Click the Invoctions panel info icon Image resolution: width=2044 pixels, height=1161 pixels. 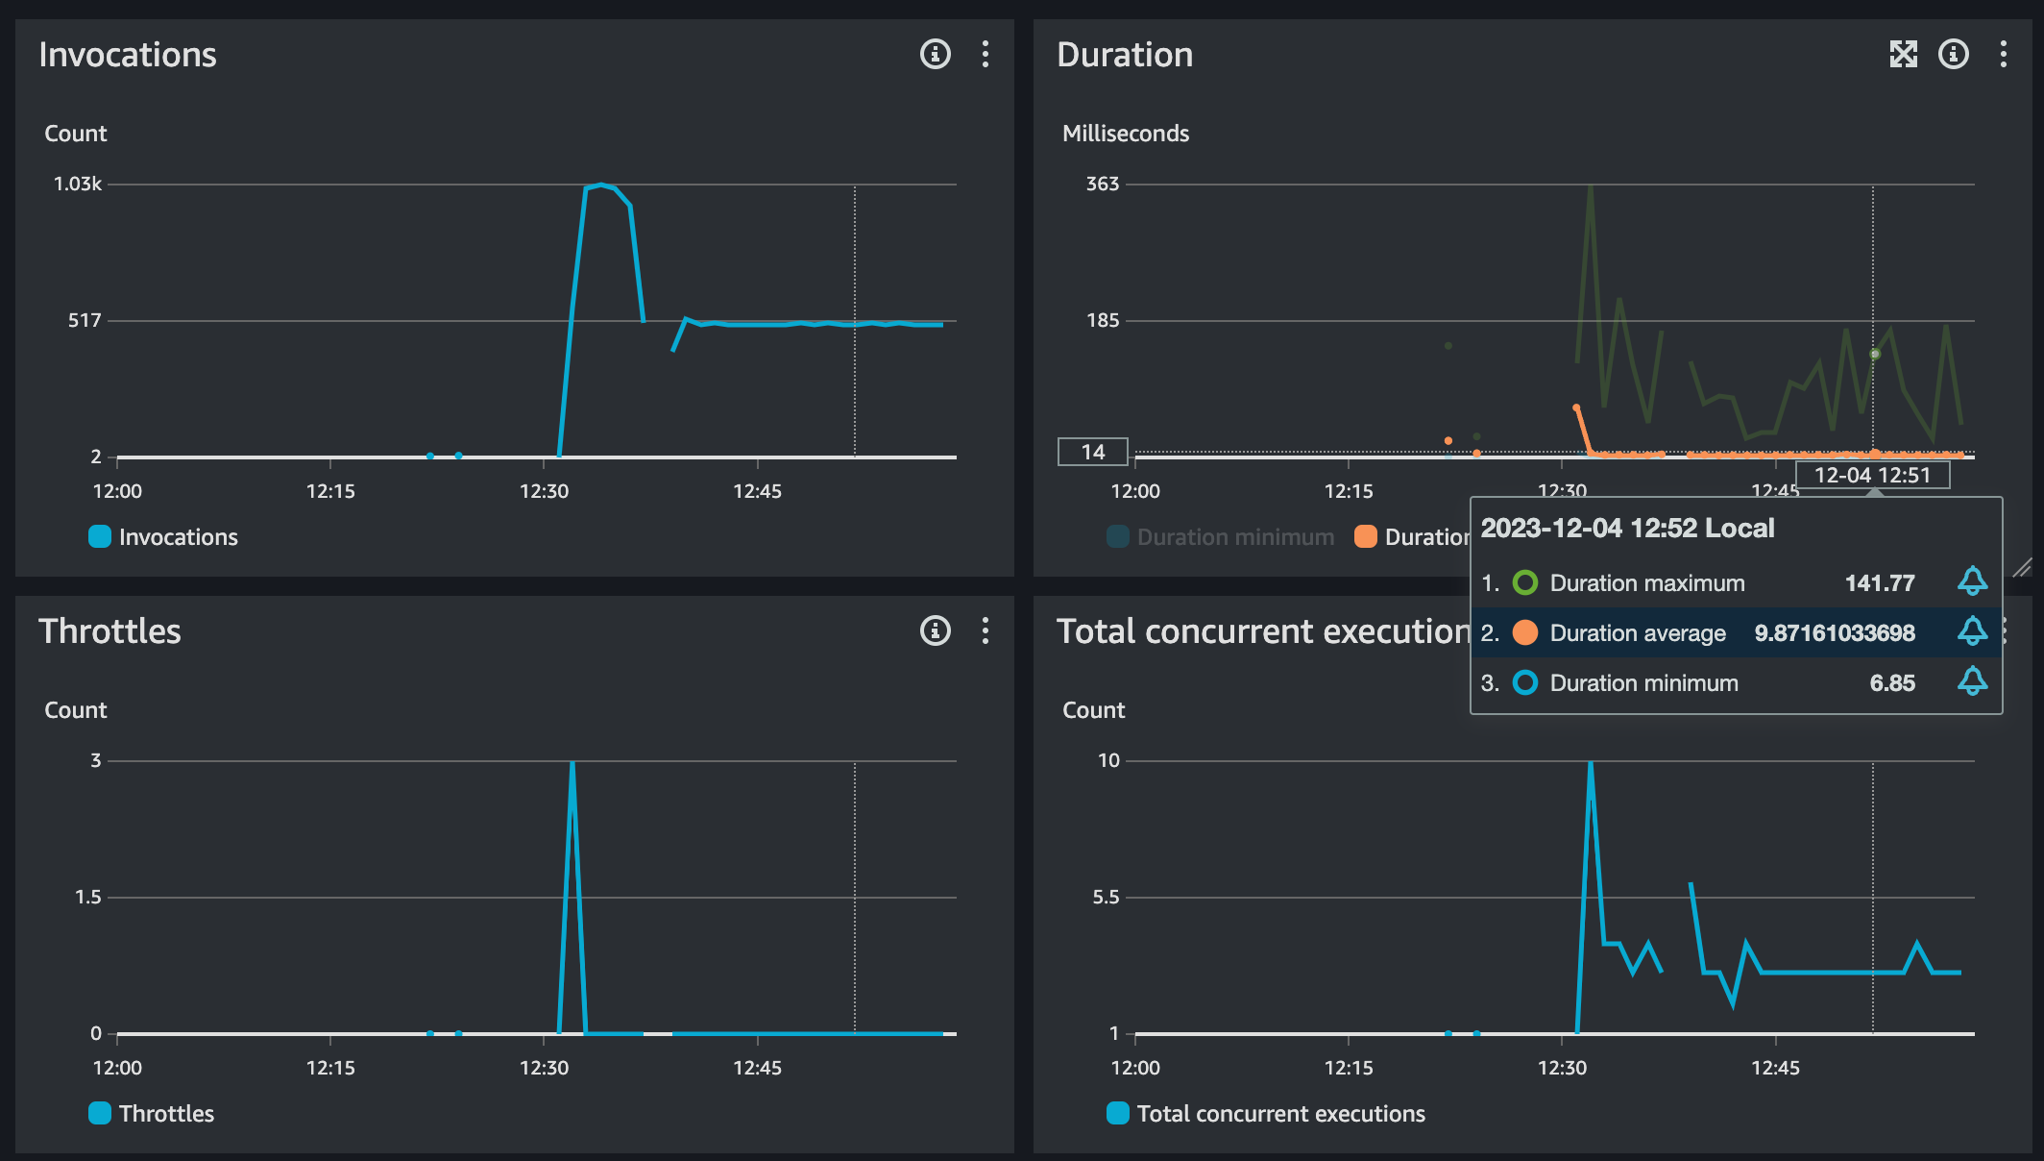[935, 54]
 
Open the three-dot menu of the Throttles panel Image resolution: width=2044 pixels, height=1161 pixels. [985, 630]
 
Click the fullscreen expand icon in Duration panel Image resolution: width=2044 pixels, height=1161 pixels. [1903, 54]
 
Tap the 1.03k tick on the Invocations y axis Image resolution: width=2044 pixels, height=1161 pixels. [78, 184]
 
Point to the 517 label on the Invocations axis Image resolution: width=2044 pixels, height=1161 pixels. [85, 320]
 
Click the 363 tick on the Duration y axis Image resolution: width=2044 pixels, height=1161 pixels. [1103, 184]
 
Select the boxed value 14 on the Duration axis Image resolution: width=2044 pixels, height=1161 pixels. [1093, 452]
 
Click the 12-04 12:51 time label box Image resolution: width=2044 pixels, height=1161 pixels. [1872, 475]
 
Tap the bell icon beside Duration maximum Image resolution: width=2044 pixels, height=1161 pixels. [1972, 581]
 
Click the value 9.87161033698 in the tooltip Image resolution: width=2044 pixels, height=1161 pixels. [1834, 633]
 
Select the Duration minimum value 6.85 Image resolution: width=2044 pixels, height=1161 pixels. [1891, 683]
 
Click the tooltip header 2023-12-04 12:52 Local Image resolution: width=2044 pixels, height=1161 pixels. [1627, 528]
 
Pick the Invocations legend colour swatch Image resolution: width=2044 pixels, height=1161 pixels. [100, 536]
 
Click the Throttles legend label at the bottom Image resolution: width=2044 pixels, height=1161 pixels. [166, 1113]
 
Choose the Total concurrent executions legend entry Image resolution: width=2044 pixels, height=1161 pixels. [1280, 1113]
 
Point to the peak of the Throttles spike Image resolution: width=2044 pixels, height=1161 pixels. [572, 763]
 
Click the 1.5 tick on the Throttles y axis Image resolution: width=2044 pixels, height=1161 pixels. [88, 897]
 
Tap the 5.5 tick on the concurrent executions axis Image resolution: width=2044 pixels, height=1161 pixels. [1106, 897]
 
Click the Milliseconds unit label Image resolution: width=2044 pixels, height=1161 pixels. [1125, 134]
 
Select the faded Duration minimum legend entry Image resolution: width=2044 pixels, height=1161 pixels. [1234, 536]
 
